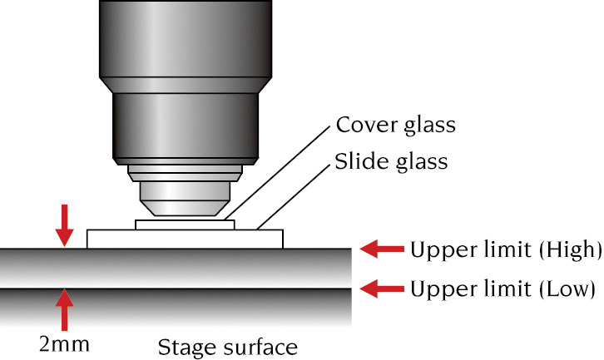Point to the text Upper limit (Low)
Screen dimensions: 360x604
(x=503, y=289)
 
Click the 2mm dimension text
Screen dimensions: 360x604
(x=64, y=342)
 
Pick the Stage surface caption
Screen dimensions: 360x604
(x=227, y=343)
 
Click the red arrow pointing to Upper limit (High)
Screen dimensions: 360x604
(x=381, y=248)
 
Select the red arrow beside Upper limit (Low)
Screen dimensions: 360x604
(x=381, y=289)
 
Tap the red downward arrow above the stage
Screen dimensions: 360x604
(x=63, y=225)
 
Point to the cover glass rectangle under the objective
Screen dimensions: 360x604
(x=185, y=224)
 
